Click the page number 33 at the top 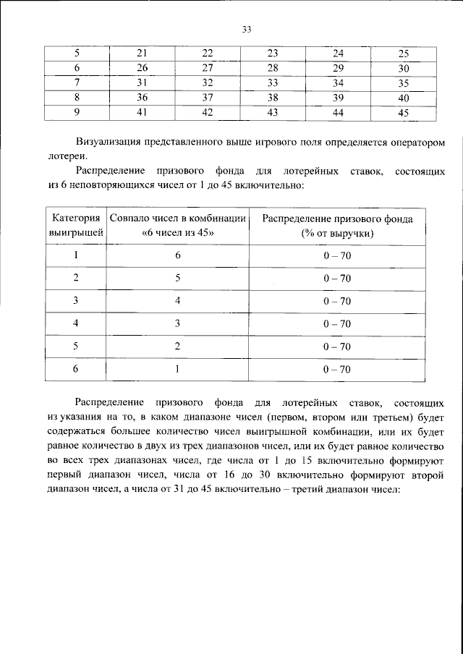246,30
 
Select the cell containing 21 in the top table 142,54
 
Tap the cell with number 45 404,113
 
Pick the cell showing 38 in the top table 273,98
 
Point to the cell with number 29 338,68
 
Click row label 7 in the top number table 76,82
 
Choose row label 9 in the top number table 76,112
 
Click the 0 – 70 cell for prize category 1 337,255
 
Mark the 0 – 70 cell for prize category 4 337,323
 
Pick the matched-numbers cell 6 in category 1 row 178,255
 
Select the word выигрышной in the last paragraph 289,432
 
